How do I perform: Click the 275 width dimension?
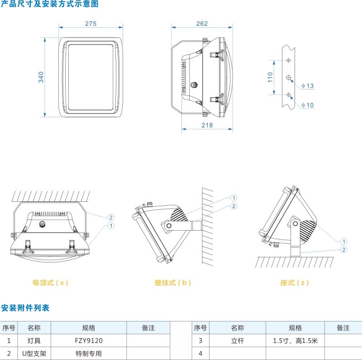click(90, 24)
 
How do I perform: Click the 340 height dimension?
click(41, 77)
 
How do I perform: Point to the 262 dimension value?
click(202, 24)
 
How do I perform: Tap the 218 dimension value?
click(207, 125)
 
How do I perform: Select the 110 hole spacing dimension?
click(271, 77)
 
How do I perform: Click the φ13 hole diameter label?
click(307, 85)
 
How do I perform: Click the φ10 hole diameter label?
click(307, 105)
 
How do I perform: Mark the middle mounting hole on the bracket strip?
click(289, 77)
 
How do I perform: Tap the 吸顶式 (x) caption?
click(50, 283)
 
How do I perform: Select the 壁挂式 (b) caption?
click(173, 283)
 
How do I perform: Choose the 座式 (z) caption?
click(295, 283)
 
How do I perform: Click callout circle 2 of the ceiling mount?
click(111, 217)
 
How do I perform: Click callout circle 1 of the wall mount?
click(233, 198)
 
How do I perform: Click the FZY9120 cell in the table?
click(89, 341)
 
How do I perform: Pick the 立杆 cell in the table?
click(238, 341)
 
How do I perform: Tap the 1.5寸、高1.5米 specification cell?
click(295, 341)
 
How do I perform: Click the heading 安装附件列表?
click(25, 308)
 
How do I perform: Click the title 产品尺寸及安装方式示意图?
click(49, 4)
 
